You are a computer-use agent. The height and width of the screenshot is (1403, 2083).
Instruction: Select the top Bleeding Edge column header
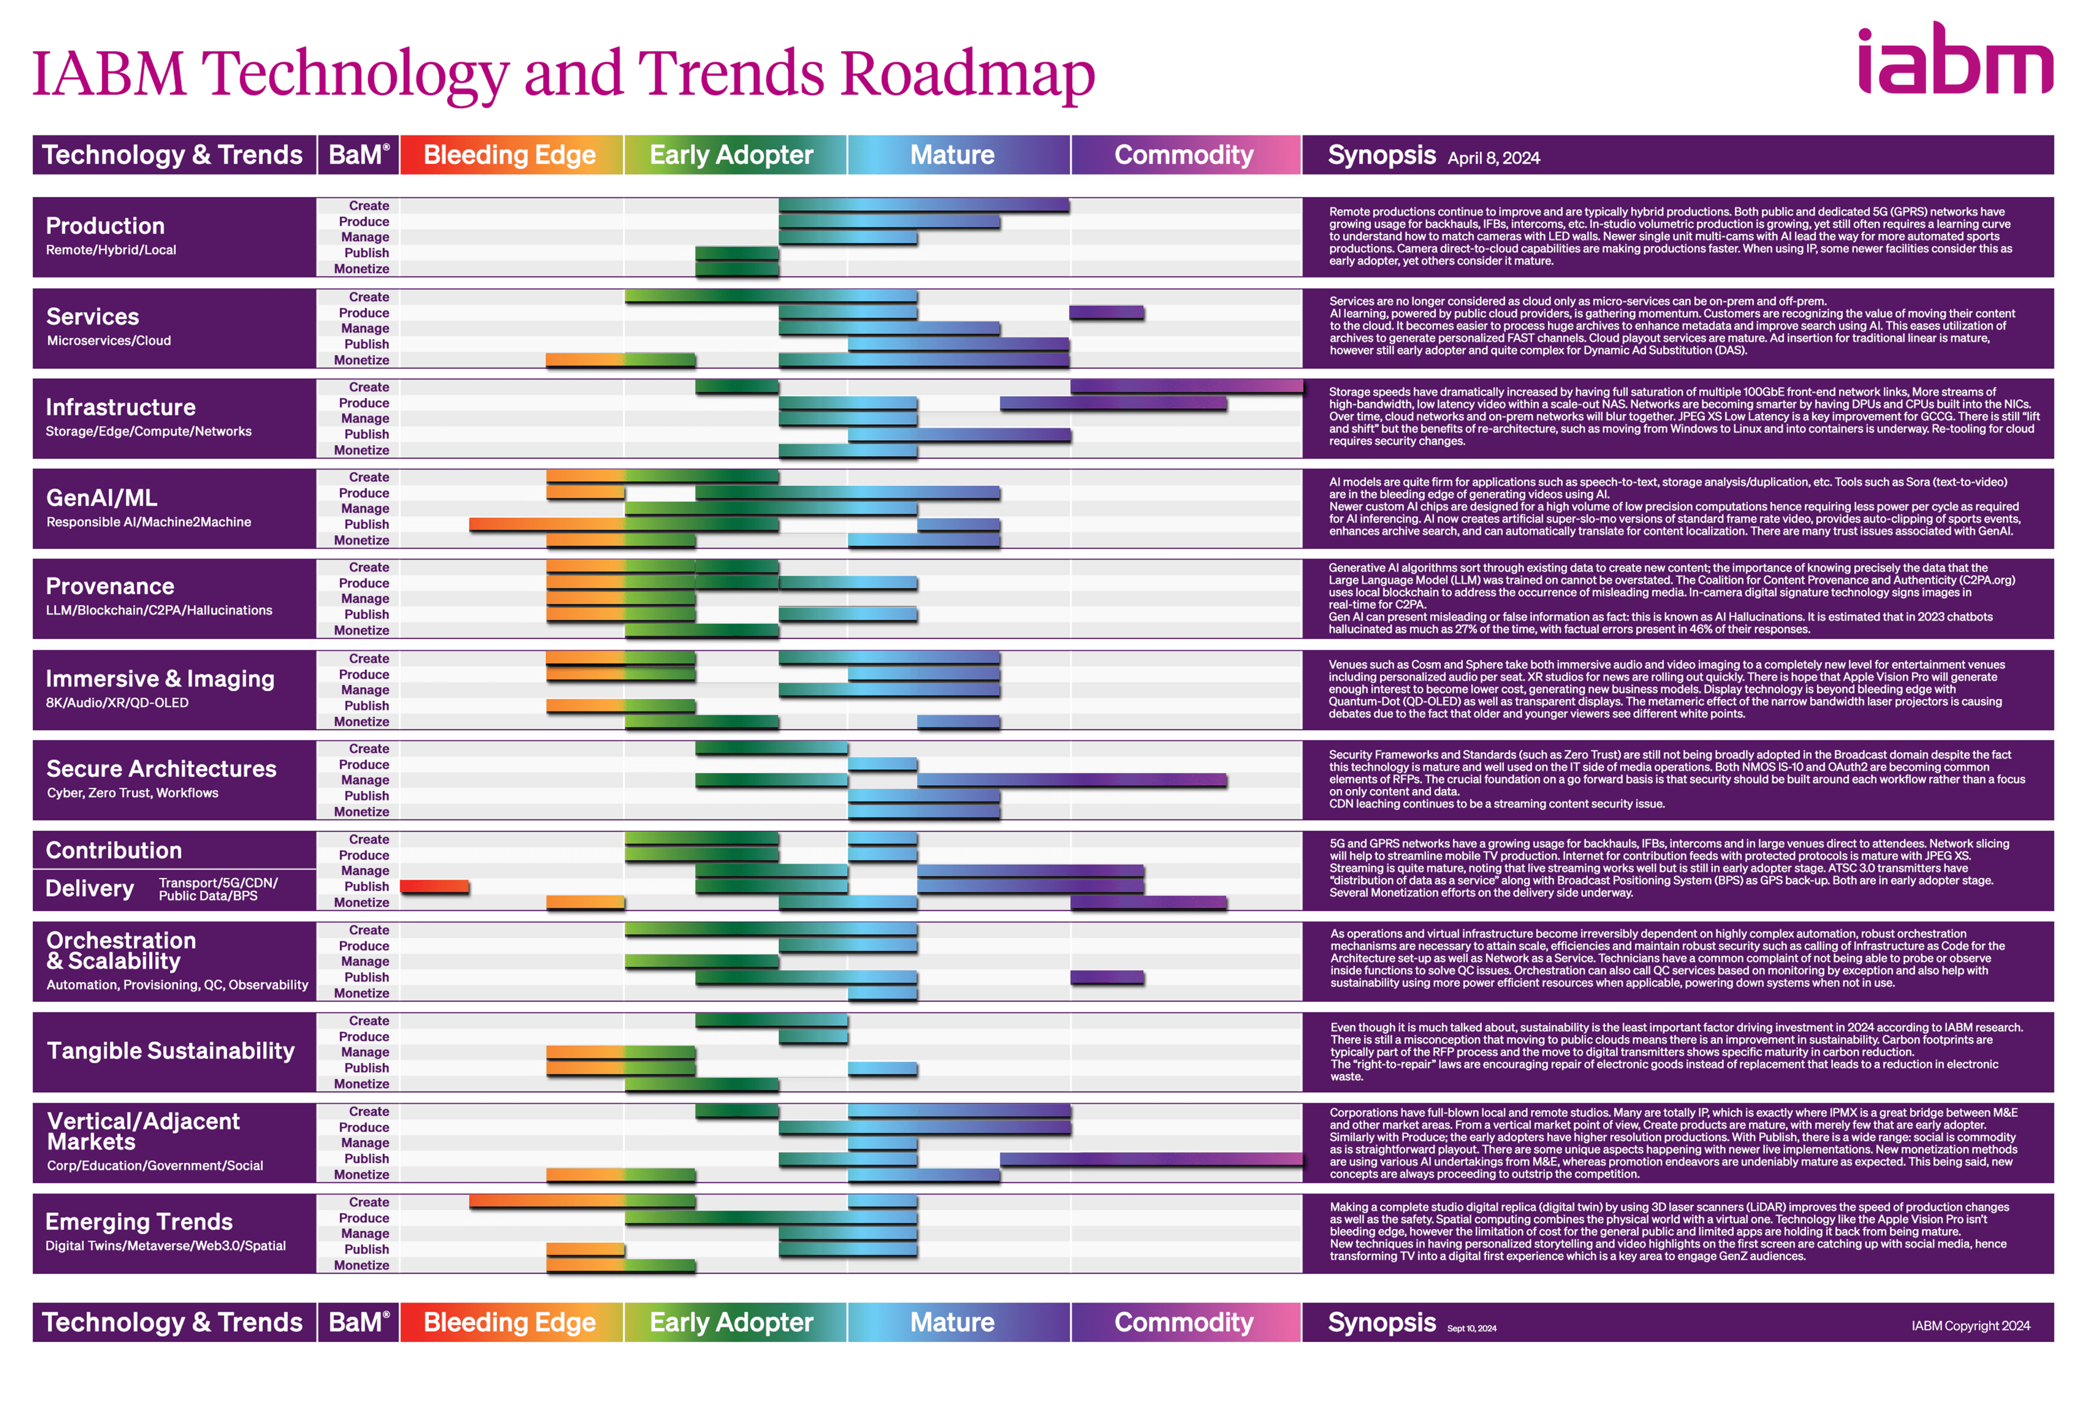tap(510, 155)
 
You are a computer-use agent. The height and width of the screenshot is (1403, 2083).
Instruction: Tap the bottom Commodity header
tap(1184, 1322)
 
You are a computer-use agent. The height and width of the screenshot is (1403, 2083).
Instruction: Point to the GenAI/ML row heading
tap(101, 498)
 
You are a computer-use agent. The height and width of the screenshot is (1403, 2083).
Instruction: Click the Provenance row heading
tap(110, 586)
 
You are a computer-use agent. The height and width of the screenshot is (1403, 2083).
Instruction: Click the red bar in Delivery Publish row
tap(434, 886)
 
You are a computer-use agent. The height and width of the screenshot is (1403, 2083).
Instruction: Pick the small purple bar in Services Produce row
tap(1106, 312)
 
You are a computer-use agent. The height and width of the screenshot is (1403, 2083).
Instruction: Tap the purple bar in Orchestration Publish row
tap(1106, 977)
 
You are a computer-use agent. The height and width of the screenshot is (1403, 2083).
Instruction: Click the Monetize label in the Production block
tap(362, 268)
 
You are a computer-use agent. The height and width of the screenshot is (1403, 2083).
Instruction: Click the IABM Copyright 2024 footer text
tap(1970, 1325)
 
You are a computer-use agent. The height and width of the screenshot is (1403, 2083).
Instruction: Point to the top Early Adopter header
tap(731, 155)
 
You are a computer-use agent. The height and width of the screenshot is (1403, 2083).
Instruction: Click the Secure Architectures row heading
tap(161, 769)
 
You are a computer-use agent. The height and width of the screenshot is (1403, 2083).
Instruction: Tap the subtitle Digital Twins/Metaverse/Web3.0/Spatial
tap(166, 1246)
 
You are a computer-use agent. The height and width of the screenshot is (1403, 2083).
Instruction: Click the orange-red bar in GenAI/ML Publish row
tap(546, 524)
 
